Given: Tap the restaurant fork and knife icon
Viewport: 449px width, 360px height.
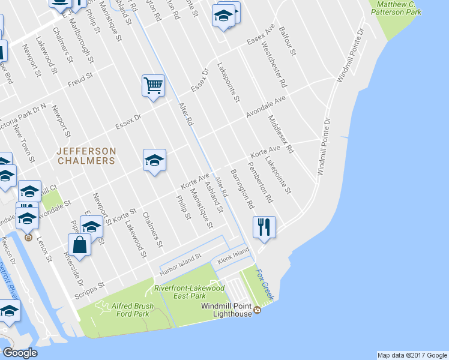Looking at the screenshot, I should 264,227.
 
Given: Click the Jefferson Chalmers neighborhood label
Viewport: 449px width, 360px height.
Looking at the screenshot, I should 86,155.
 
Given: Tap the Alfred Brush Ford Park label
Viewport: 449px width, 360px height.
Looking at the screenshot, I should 133,310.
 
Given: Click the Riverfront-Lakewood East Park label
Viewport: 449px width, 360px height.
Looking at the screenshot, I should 189,292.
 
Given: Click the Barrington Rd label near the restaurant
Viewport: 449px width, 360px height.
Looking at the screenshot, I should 241,188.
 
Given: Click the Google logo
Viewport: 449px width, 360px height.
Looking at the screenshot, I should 20,353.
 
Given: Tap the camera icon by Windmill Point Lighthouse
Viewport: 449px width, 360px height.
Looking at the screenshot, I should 257,310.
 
